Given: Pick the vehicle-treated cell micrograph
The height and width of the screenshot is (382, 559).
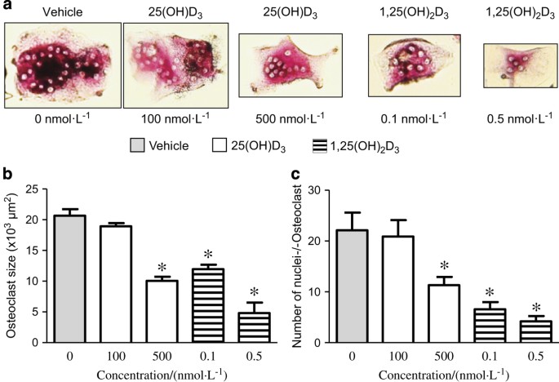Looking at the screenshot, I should (x=61, y=64).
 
